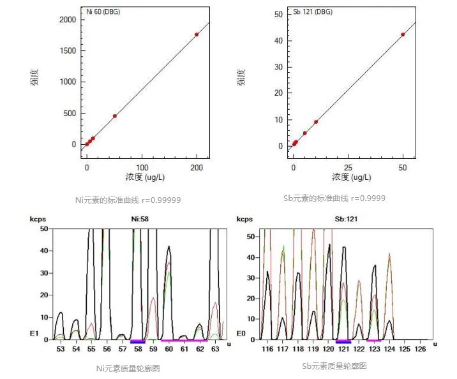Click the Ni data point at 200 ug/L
(x=197, y=34)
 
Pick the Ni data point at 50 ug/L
(x=115, y=116)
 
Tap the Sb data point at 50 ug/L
(x=403, y=34)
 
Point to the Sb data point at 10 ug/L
(x=316, y=122)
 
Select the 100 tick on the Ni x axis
(x=142, y=167)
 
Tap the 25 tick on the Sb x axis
(x=348, y=167)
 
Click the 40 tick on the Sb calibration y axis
(x=278, y=41)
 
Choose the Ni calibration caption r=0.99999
(x=128, y=199)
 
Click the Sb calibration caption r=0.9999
(x=334, y=198)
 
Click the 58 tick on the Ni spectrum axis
(x=137, y=350)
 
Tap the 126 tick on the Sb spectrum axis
(x=420, y=350)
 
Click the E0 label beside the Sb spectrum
(x=241, y=333)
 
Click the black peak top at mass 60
(x=169, y=246)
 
